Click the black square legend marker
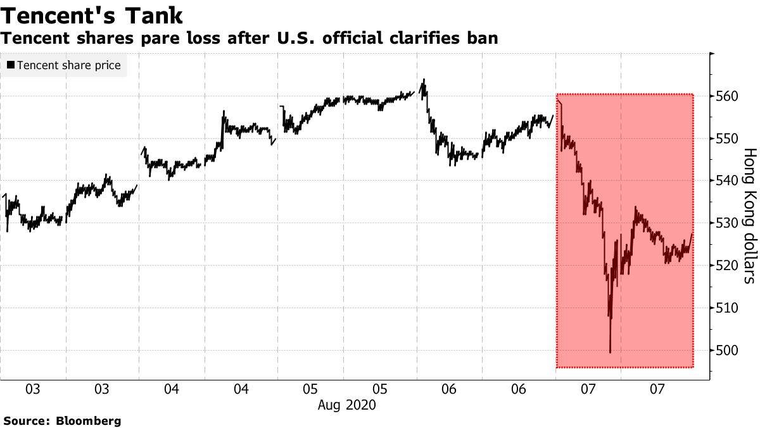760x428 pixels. click(10, 65)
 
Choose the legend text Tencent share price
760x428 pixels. click(68, 65)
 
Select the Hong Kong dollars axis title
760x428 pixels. click(749, 215)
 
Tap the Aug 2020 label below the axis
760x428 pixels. click(346, 405)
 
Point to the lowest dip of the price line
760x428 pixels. click(610, 352)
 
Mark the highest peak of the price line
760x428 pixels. click(423, 80)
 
